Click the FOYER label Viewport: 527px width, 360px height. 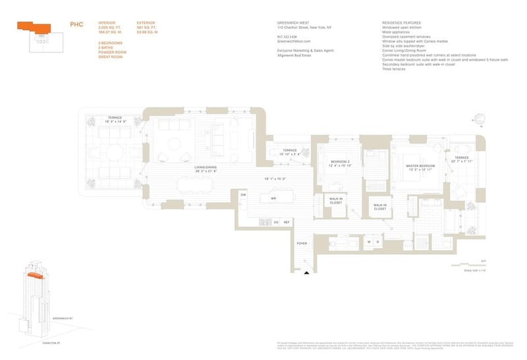(302, 244)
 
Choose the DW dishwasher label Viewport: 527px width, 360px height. (243, 195)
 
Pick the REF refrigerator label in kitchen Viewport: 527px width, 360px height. (287, 222)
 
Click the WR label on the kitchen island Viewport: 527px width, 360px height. (272, 198)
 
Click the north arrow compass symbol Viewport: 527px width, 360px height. (479, 120)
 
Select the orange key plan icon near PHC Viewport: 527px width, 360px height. (34, 27)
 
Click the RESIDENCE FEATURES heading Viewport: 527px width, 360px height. (400, 22)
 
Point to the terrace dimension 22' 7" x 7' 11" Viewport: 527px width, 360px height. (460, 161)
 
